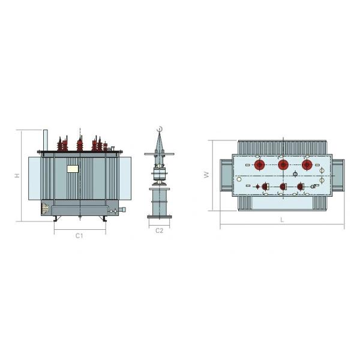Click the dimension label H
(17, 175)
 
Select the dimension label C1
(79, 236)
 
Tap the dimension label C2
(159, 230)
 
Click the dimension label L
(281, 220)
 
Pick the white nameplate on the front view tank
(73, 169)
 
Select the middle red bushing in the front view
(79, 144)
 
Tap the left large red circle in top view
(260, 165)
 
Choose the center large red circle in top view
(283, 165)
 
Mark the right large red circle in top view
(307, 165)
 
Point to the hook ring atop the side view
(159, 129)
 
